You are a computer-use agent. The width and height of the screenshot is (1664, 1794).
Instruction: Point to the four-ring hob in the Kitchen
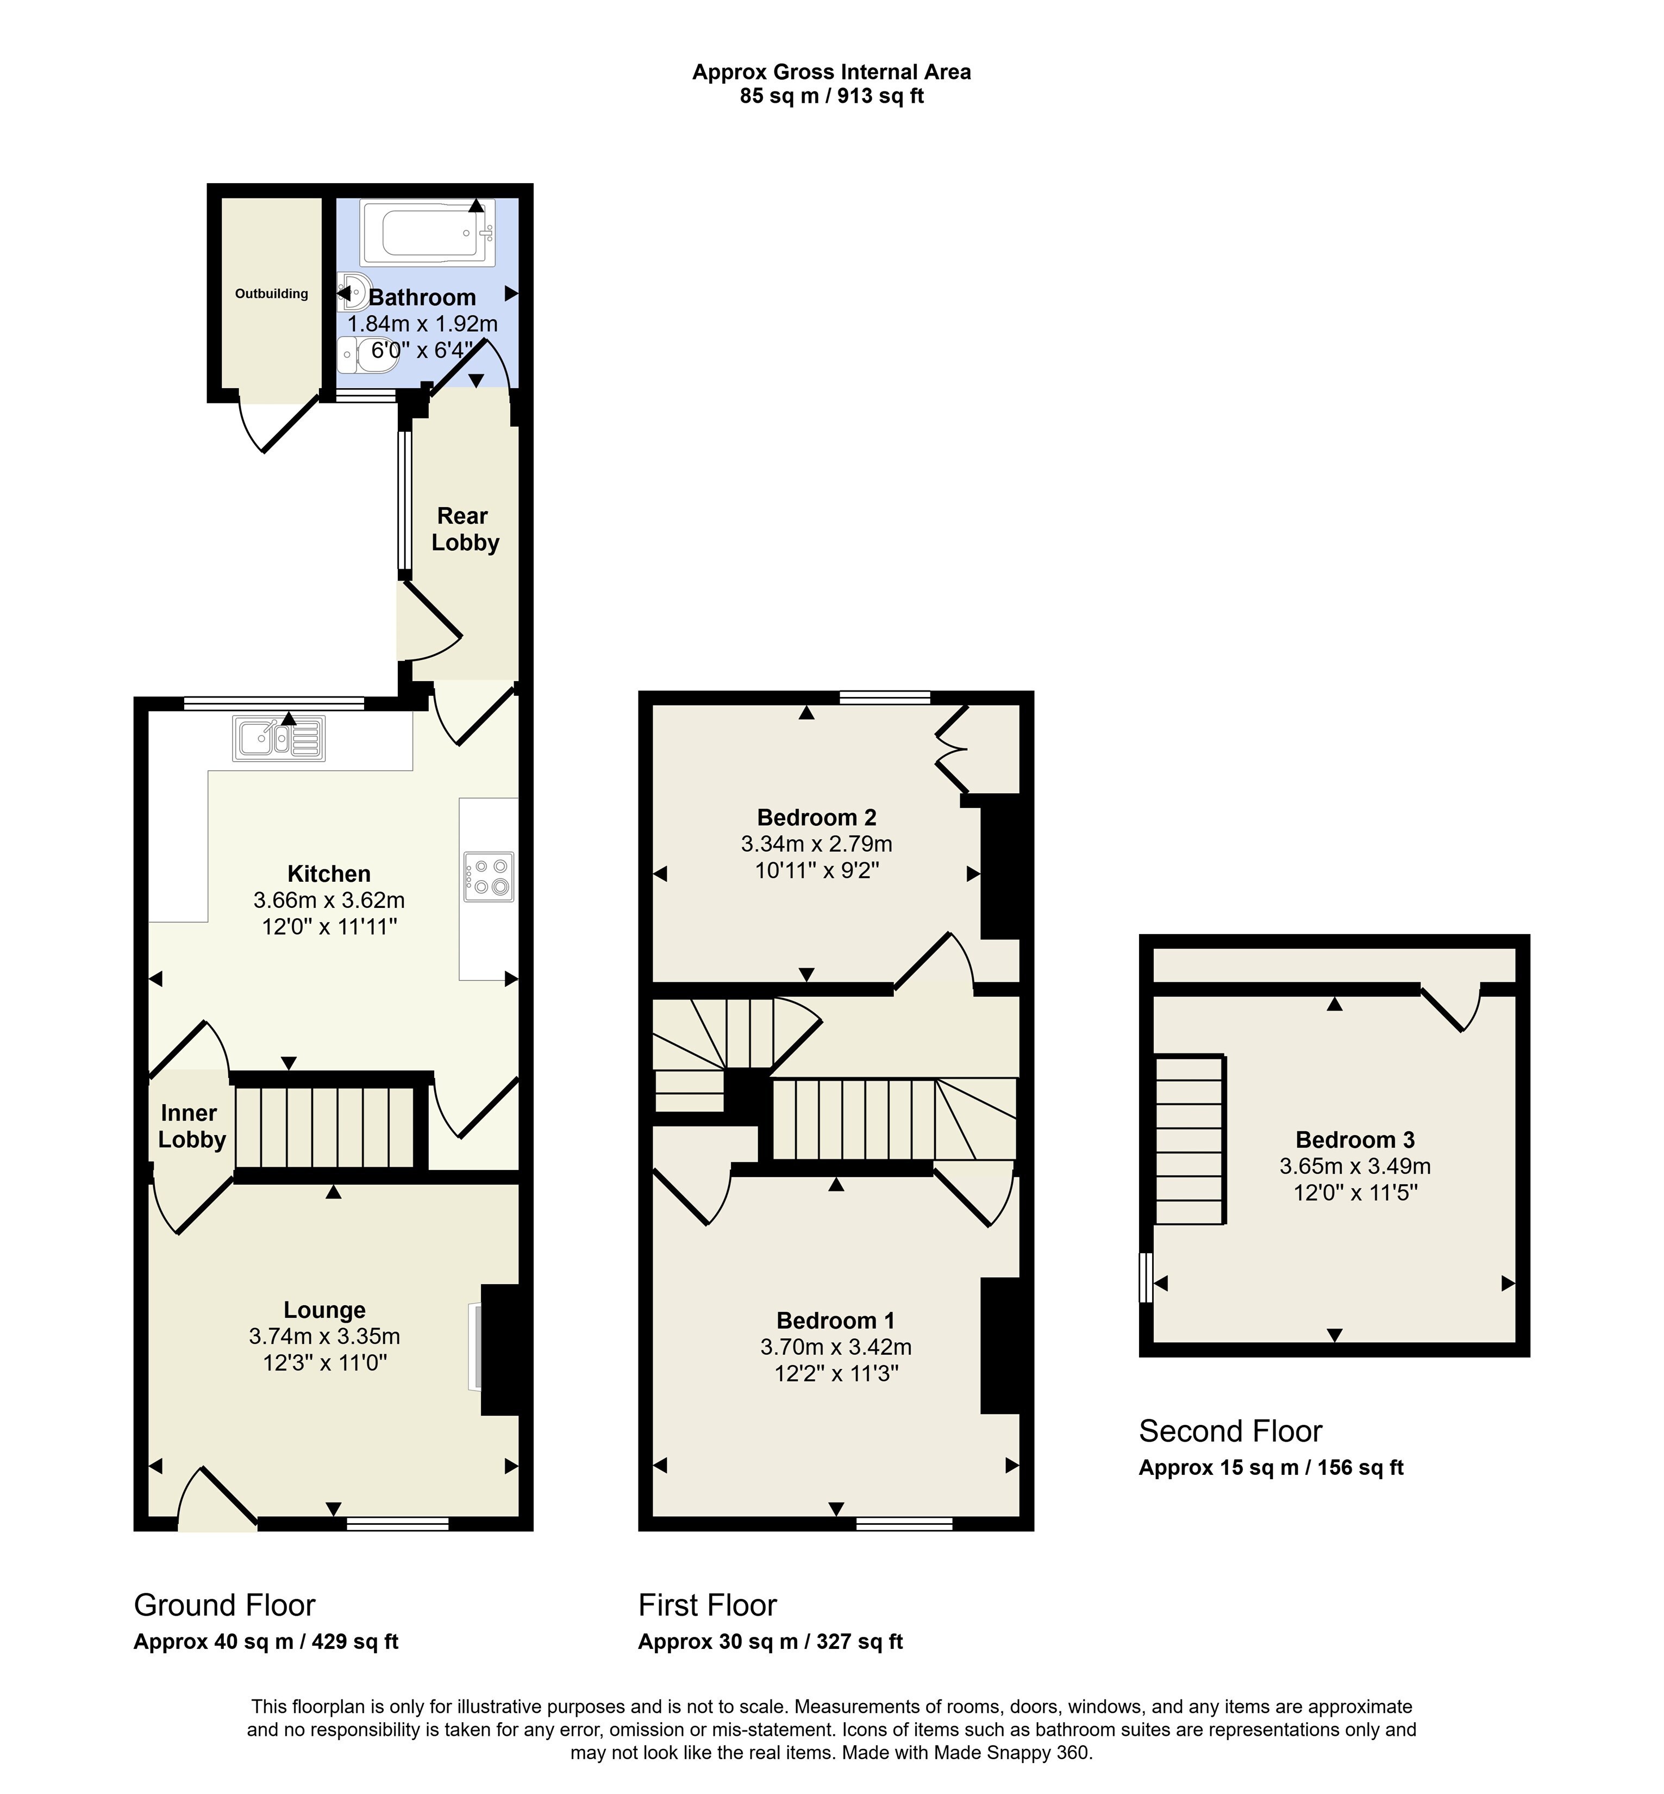pyautogui.click(x=489, y=876)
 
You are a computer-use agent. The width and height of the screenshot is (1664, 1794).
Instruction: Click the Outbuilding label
pyautogui.click(x=271, y=294)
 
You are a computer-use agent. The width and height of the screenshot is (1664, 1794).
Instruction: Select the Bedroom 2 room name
pyautogui.click(x=817, y=817)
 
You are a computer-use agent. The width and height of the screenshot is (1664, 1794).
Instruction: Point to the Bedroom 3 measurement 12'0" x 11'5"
pyautogui.click(x=1355, y=1192)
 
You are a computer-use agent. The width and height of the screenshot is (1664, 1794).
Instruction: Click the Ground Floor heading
pyautogui.click(x=224, y=1605)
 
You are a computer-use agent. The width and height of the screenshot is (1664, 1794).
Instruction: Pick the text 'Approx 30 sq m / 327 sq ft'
pyautogui.click(x=771, y=1642)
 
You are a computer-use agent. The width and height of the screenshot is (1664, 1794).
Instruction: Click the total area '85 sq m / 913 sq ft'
pyautogui.click(x=832, y=96)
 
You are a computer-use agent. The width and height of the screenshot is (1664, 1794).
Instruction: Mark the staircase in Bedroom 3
pyautogui.click(x=1190, y=1140)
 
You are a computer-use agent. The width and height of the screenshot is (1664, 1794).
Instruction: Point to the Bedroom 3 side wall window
pyautogui.click(x=1146, y=1277)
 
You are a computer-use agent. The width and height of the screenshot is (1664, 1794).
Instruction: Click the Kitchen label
pyautogui.click(x=329, y=874)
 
